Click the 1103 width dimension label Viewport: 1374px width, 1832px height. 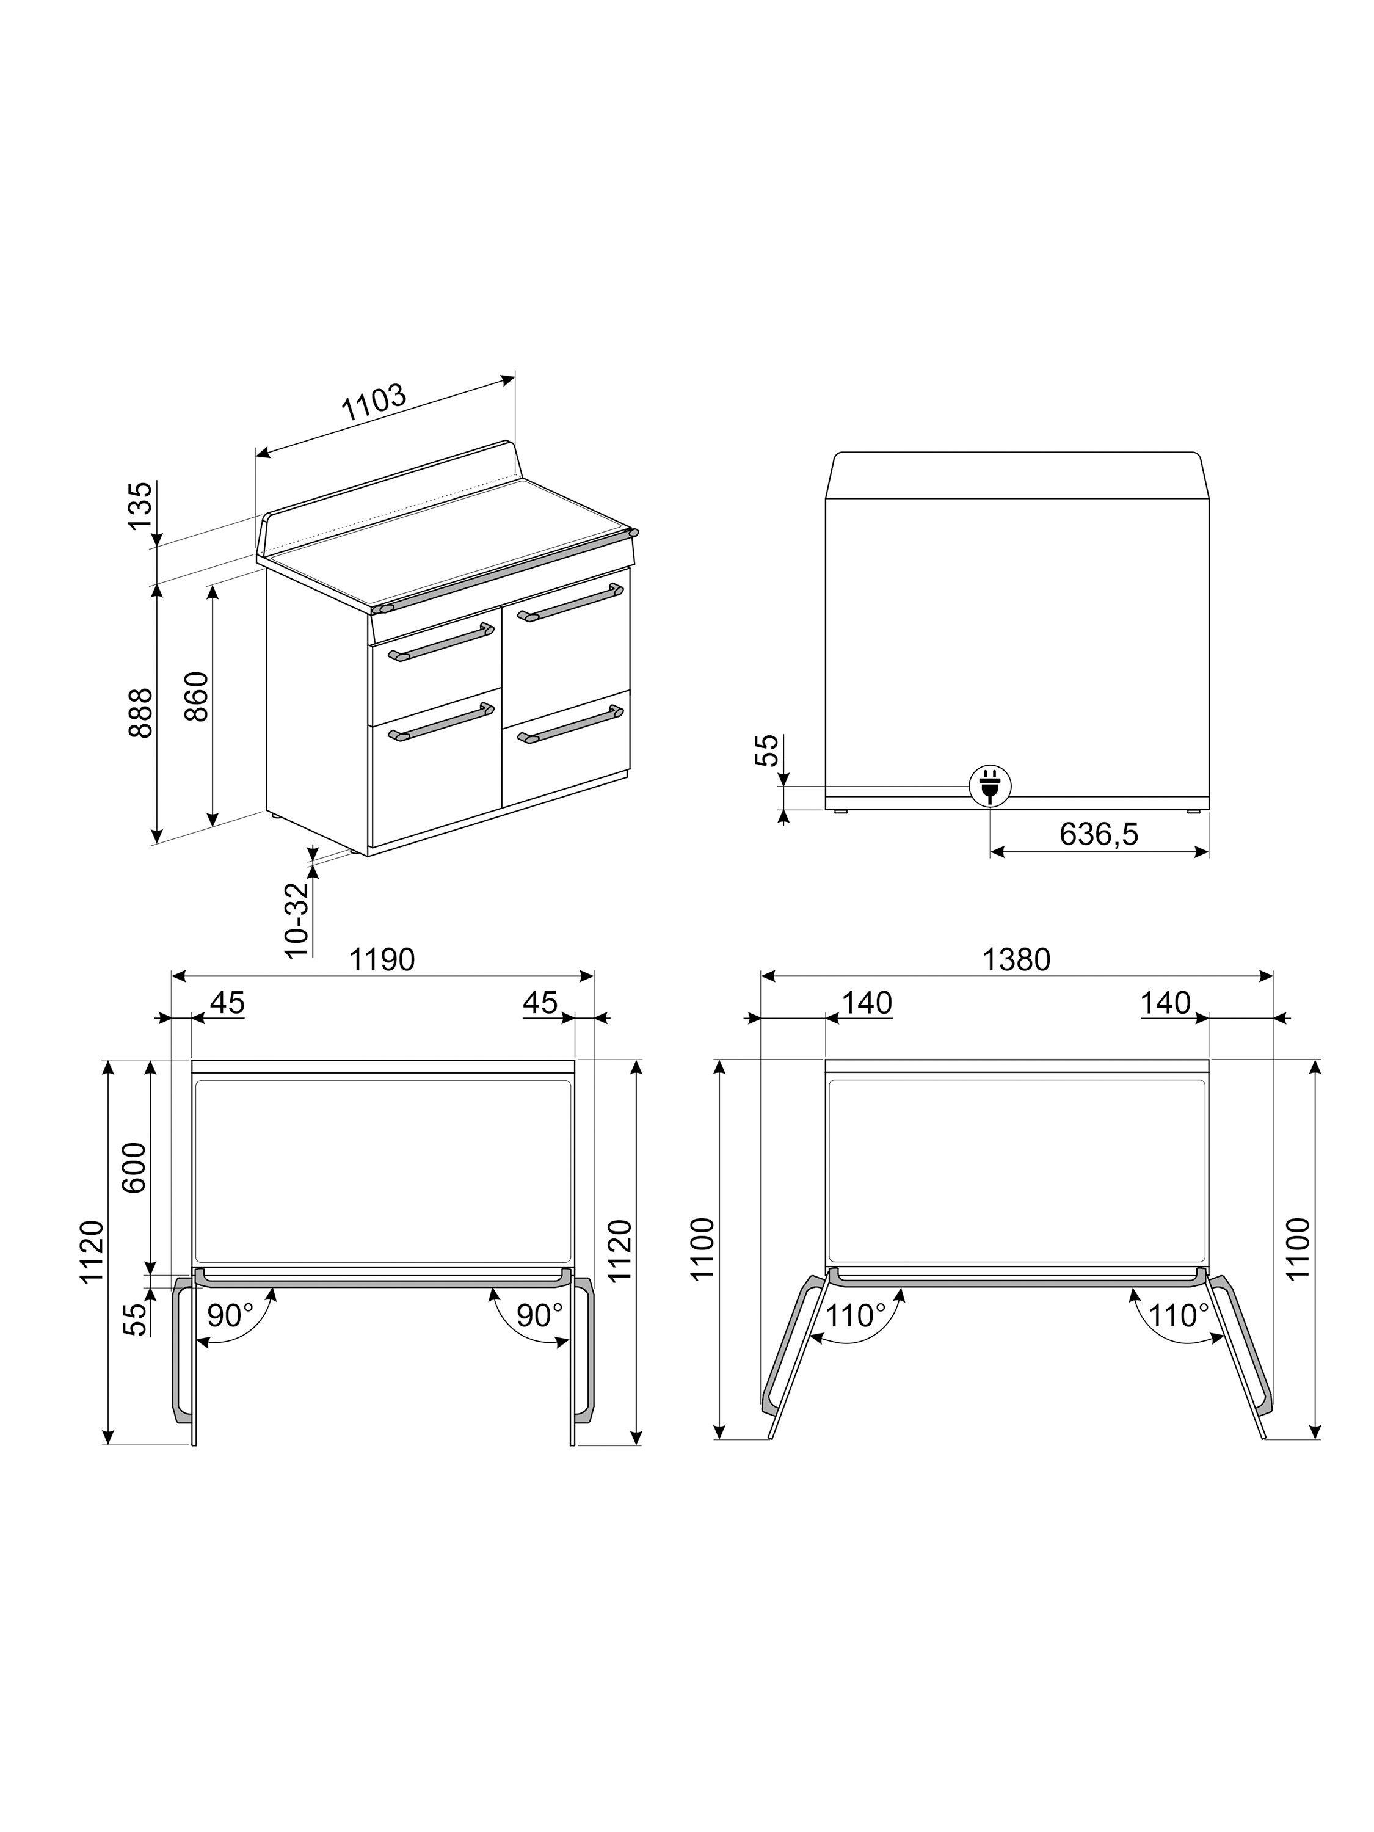[374, 402]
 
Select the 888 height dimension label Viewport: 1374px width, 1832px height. [142, 712]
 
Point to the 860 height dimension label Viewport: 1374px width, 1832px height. [197, 696]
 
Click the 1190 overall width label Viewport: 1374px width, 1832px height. [382, 959]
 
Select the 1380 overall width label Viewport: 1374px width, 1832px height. [1016, 959]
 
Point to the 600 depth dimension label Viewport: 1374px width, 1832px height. [134, 1167]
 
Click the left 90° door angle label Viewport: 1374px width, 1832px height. [230, 1315]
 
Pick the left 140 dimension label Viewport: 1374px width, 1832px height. [867, 1003]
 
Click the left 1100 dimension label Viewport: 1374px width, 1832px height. [702, 1249]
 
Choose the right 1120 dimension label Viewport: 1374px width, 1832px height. [620, 1251]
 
